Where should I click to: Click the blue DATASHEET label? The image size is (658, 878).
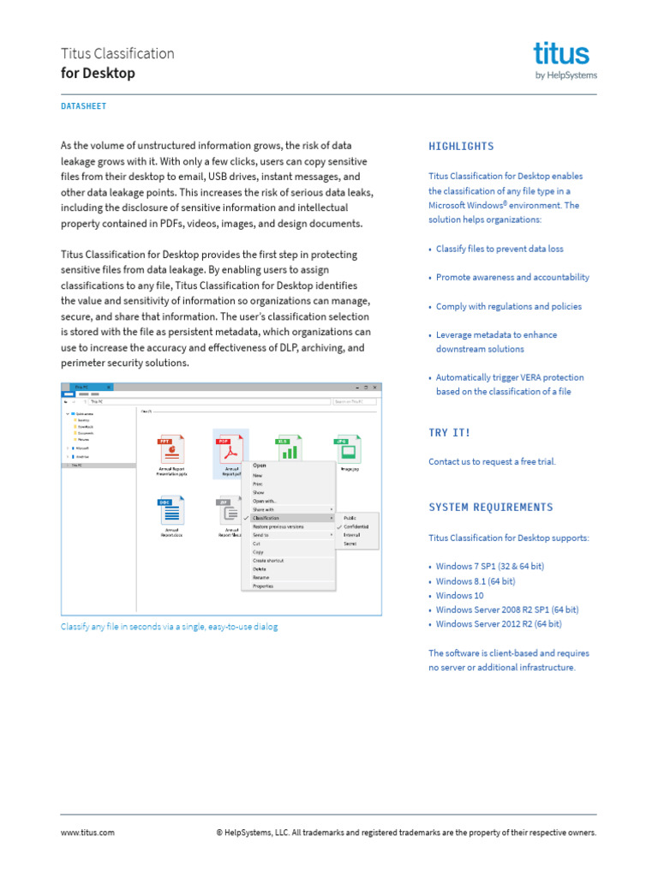click(x=84, y=106)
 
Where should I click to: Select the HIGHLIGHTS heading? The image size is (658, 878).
click(x=461, y=147)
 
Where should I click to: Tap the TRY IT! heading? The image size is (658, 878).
click(x=450, y=433)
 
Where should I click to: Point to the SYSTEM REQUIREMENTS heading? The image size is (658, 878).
click(x=491, y=508)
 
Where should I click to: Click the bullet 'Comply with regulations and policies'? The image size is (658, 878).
click(x=508, y=306)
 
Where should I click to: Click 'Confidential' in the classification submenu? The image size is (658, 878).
click(x=356, y=526)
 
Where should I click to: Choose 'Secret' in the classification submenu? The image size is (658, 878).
click(x=350, y=544)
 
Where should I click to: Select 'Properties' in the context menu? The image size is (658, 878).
click(x=263, y=586)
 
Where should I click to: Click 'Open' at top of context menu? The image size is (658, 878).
click(x=260, y=466)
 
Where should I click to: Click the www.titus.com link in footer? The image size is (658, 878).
click(x=87, y=833)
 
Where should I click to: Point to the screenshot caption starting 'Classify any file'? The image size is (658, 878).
click(x=169, y=627)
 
